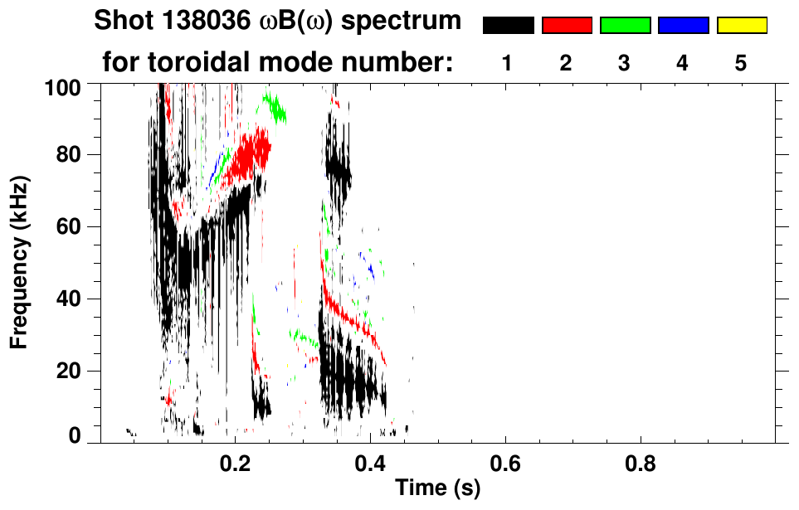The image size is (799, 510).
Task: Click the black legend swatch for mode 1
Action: [508, 26]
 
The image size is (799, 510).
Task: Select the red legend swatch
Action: [567, 26]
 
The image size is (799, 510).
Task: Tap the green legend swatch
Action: [625, 26]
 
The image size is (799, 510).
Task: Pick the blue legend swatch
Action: [683, 26]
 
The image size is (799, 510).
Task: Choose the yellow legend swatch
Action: [741, 26]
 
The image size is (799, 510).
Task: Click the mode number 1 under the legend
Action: [508, 64]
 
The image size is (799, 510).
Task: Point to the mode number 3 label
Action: [625, 64]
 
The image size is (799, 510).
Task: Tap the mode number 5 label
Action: [741, 64]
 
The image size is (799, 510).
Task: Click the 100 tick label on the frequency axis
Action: [63, 85]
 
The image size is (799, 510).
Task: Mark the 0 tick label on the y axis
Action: [75, 435]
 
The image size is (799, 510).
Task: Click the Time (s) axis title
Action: [437, 489]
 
